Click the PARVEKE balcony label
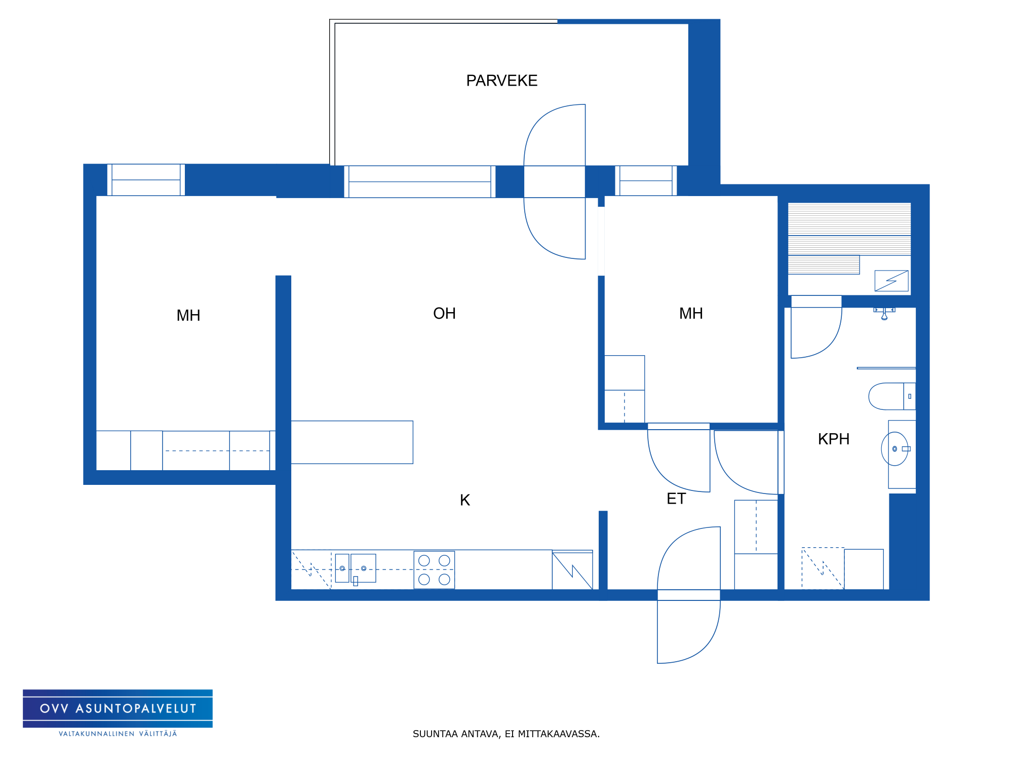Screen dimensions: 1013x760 click(501, 81)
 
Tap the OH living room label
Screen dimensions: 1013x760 click(444, 314)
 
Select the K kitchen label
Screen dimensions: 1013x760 click(465, 500)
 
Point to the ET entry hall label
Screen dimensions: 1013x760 click(676, 499)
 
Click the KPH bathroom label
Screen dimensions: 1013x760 click(834, 439)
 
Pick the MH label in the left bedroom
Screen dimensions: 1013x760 click(188, 316)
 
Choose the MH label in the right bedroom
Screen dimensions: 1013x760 click(691, 314)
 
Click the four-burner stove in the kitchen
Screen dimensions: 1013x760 click(434, 570)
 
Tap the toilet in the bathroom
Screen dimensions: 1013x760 click(892, 396)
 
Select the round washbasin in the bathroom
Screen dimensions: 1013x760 click(894, 449)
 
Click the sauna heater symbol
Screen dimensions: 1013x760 click(891, 281)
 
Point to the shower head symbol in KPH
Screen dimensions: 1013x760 click(884, 314)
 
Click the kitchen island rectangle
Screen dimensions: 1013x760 click(352, 442)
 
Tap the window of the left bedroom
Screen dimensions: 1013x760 click(146, 180)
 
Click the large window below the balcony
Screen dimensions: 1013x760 click(420, 181)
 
